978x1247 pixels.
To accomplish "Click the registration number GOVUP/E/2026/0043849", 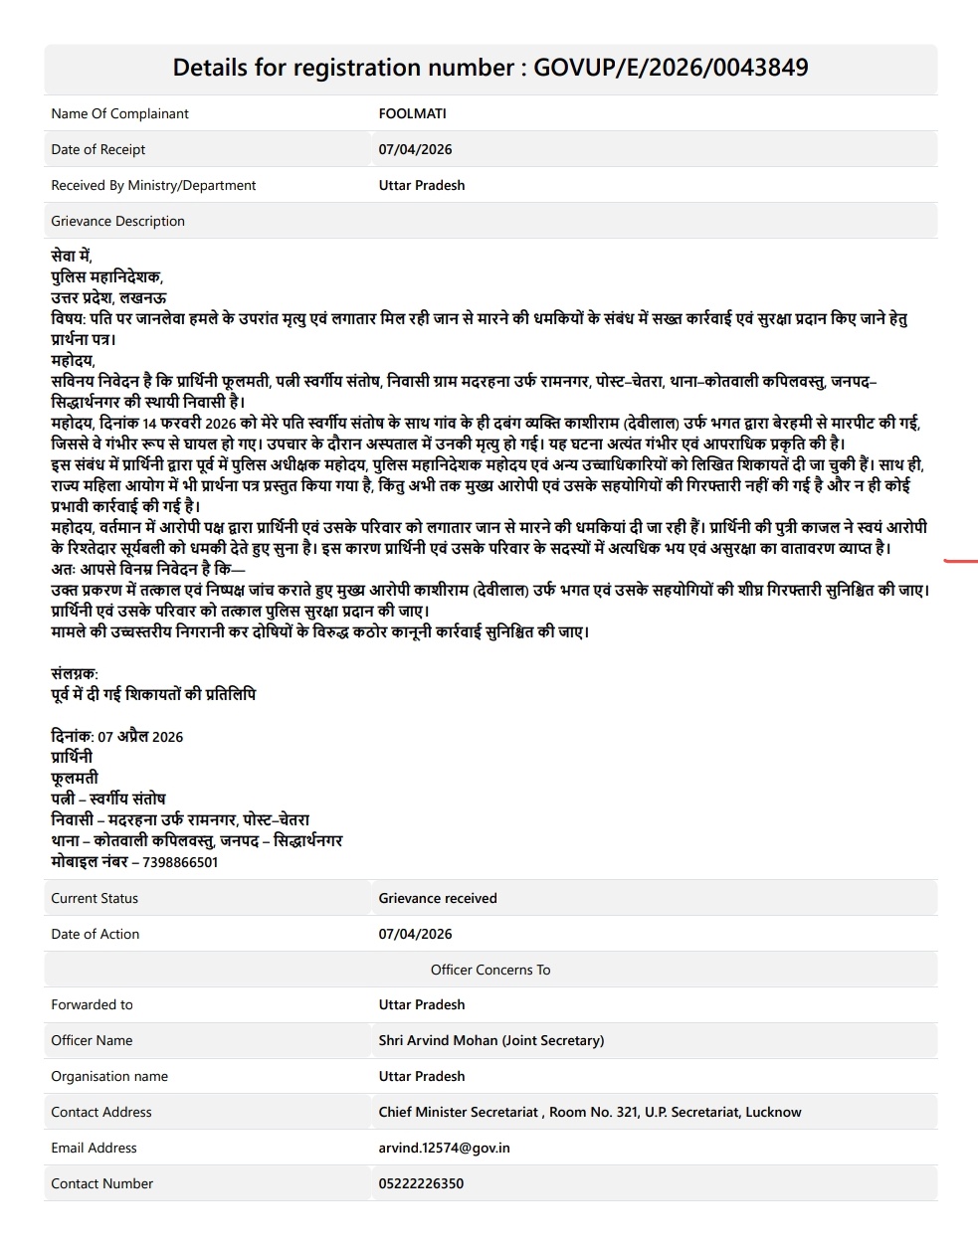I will (671, 68).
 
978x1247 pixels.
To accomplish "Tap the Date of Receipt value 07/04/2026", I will (415, 149).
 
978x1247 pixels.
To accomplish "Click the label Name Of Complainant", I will (119, 113).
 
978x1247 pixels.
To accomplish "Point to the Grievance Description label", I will (117, 221).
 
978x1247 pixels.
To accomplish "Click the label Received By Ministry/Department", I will (153, 185).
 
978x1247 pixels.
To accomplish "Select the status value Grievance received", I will (438, 898).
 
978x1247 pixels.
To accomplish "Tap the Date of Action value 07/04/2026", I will (415, 934).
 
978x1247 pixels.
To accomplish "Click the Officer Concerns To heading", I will (490, 970).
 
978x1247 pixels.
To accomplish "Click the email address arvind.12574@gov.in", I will (444, 1148).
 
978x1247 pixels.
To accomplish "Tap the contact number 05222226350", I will (421, 1183).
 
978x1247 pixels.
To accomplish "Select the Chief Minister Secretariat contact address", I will (589, 1112).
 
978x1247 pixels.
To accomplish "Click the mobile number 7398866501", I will (180, 862).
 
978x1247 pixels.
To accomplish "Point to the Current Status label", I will (95, 898).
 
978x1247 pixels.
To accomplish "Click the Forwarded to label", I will (92, 1004).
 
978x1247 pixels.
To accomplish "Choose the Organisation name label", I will (109, 1076).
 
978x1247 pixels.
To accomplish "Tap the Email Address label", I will (94, 1148).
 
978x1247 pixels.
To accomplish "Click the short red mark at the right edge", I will (960, 562).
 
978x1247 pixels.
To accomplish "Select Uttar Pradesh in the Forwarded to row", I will (421, 1004).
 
